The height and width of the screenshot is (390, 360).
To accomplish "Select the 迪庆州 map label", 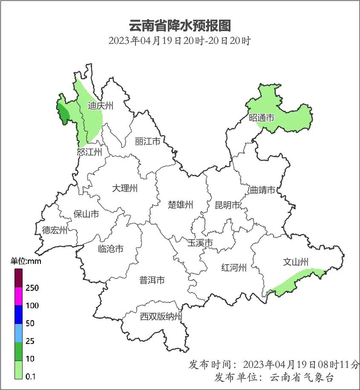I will point(101,106).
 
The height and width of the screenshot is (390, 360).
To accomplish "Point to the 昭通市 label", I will point(262,118).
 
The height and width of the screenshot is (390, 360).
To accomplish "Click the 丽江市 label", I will point(147,141).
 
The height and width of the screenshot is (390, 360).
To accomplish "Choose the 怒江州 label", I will point(89,152).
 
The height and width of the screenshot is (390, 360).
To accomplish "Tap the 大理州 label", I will point(124,188).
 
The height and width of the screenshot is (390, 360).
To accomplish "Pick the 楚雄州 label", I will point(180,205).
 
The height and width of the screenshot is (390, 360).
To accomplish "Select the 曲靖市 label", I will point(262,190).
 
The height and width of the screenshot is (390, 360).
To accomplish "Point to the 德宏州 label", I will point(55,231).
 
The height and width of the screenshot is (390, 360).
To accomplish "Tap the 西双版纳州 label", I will point(161,317).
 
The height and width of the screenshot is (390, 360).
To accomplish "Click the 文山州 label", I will point(296,262).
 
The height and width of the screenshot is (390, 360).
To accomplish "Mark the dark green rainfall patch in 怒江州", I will point(63,113).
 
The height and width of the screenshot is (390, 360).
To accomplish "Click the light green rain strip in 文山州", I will point(298,281).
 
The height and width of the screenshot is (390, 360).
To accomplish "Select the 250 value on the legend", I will point(32,288).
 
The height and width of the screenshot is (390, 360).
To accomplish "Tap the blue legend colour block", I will point(19,315).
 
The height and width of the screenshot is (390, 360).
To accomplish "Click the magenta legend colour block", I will point(19,297).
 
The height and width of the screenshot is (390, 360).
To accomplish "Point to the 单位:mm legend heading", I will point(26,261).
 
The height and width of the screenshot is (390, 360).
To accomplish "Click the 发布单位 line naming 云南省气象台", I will point(274,377).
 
